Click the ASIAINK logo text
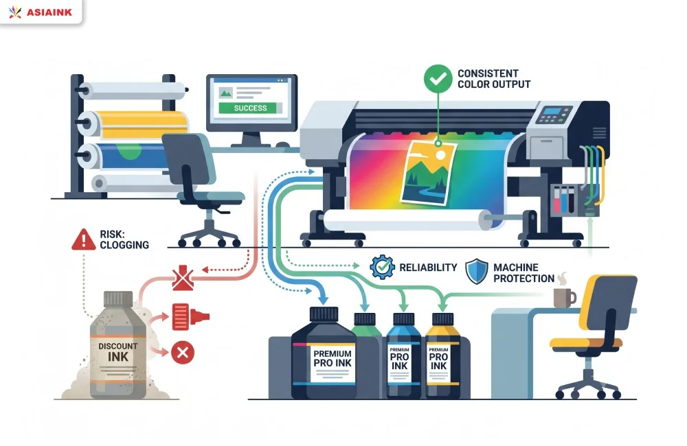[49, 12]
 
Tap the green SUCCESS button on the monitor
[250, 108]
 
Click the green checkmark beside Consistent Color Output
[438, 79]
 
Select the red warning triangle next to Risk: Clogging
[83, 240]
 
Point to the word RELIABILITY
[428, 268]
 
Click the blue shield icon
[476, 271]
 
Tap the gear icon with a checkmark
[382, 267]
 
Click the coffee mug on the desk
[564, 298]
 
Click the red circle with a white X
[183, 352]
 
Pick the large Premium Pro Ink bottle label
[333, 363]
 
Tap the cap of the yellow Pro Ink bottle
[442, 319]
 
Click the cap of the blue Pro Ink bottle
[403, 319]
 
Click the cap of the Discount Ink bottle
[118, 299]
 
